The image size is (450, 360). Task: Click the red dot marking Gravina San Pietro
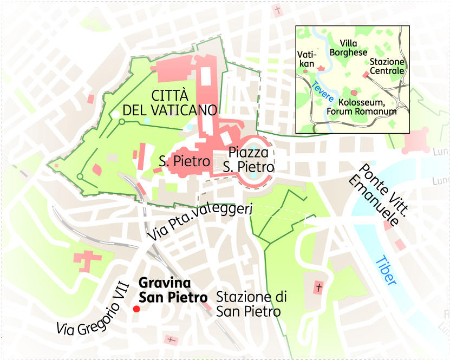[x=136, y=309]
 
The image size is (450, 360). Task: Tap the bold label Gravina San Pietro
[x=173, y=290]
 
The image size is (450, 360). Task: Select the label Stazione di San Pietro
[x=251, y=304]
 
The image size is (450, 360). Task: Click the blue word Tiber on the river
[x=386, y=270]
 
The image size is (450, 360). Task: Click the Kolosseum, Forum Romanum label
[x=361, y=107]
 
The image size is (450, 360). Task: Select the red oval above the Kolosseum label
[x=354, y=93]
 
